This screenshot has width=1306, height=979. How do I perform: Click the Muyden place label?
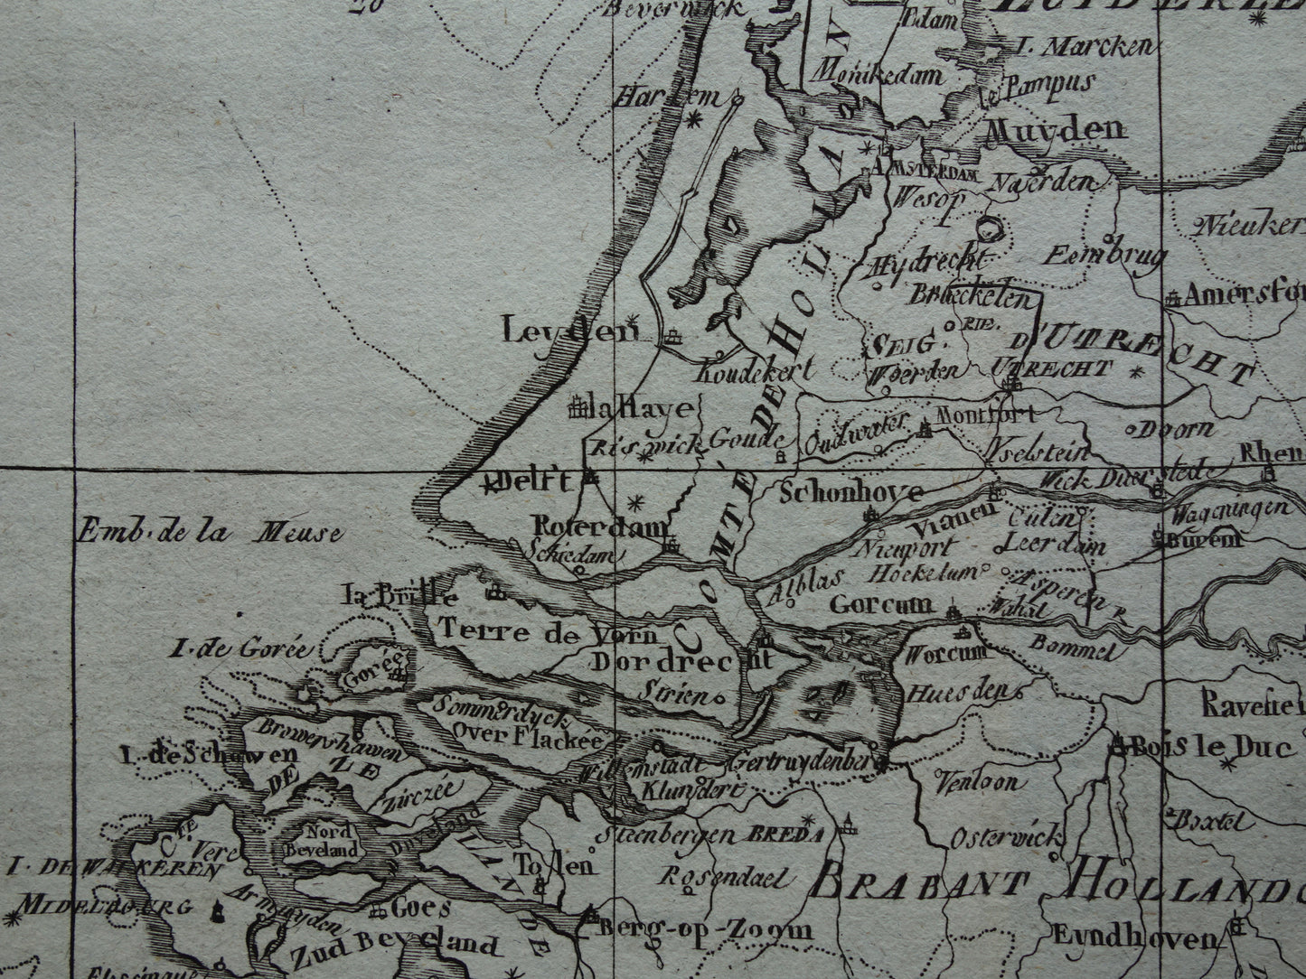click(x=1055, y=129)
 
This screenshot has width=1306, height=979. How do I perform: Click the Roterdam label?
click(x=600, y=527)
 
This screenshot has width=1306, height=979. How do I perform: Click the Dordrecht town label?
click(x=682, y=660)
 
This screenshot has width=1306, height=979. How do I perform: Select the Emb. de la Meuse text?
click(x=210, y=531)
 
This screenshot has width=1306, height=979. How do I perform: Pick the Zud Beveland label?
click(x=394, y=946)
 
